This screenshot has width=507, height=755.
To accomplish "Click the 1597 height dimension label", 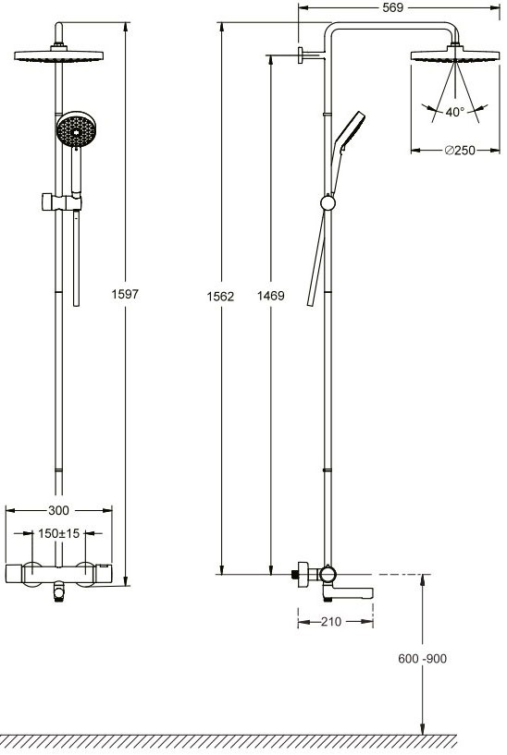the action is pyautogui.click(x=125, y=294).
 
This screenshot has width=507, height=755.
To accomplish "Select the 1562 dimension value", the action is pyautogui.click(x=220, y=296).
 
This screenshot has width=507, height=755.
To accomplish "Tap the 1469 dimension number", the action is pyautogui.click(x=270, y=296).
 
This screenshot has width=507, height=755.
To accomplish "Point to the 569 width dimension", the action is pyautogui.click(x=392, y=7).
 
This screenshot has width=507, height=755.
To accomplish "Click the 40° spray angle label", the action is pyautogui.click(x=455, y=112).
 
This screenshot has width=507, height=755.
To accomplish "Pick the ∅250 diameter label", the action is pyautogui.click(x=460, y=151).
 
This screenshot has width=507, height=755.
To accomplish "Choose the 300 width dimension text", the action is pyautogui.click(x=59, y=510).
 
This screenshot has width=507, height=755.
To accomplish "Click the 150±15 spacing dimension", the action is pyautogui.click(x=59, y=533).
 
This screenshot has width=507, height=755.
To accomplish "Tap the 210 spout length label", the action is pyautogui.click(x=331, y=622).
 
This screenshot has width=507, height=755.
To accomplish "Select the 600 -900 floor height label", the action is pyautogui.click(x=422, y=658).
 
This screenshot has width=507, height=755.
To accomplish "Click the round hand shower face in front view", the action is pyautogui.click(x=76, y=129).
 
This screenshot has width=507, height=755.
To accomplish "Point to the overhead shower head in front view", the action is pyautogui.click(x=59, y=53).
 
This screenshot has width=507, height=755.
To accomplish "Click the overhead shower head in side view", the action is pyautogui.click(x=455, y=53).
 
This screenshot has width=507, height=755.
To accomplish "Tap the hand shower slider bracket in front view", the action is pyautogui.click(x=61, y=202).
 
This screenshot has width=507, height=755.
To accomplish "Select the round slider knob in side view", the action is pyautogui.click(x=328, y=202).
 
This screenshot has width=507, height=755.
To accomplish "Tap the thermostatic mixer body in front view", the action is pyautogui.click(x=59, y=575).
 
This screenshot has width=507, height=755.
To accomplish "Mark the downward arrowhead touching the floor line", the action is pyautogui.click(x=423, y=728).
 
